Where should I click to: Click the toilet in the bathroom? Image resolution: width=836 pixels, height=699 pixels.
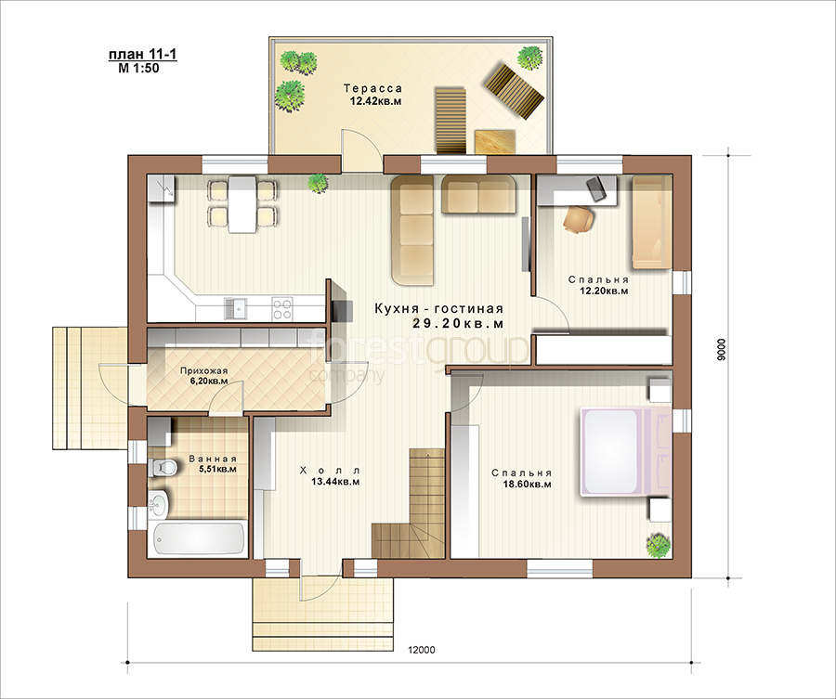click(x=162, y=467)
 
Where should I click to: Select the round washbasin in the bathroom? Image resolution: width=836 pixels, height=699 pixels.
click(x=158, y=503)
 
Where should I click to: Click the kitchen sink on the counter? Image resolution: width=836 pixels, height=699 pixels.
click(x=235, y=309)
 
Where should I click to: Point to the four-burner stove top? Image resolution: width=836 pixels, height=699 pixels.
click(x=281, y=309)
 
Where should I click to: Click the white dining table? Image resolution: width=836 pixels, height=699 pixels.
click(x=242, y=204)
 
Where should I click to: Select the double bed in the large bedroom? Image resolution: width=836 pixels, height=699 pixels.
click(x=625, y=452)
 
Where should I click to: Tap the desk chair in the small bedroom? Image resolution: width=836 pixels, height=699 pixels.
click(x=579, y=219)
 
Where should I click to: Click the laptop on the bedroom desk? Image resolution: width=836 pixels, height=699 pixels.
click(x=596, y=189)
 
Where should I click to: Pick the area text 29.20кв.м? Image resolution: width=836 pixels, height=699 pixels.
click(x=458, y=323)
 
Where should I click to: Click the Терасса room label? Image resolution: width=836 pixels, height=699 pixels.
click(x=372, y=88)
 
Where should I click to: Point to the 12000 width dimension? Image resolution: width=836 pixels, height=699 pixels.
click(x=421, y=650)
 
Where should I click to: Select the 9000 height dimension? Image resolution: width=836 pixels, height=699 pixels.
click(x=722, y=349)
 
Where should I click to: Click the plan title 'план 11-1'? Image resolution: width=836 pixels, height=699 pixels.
click(x=142, y=55)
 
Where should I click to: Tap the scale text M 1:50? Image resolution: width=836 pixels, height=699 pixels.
click(x=138, y=68)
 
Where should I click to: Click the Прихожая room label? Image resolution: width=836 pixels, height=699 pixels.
click(x=203, y=371)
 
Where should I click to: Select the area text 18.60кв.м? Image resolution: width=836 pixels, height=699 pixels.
click(x=527, y=485)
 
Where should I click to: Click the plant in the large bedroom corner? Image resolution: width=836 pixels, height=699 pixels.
click(x=659, y=546)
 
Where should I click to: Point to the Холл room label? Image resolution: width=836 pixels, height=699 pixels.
click(x=331, y=471)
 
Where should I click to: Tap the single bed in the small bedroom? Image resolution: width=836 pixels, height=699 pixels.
click(x=652, y=223)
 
